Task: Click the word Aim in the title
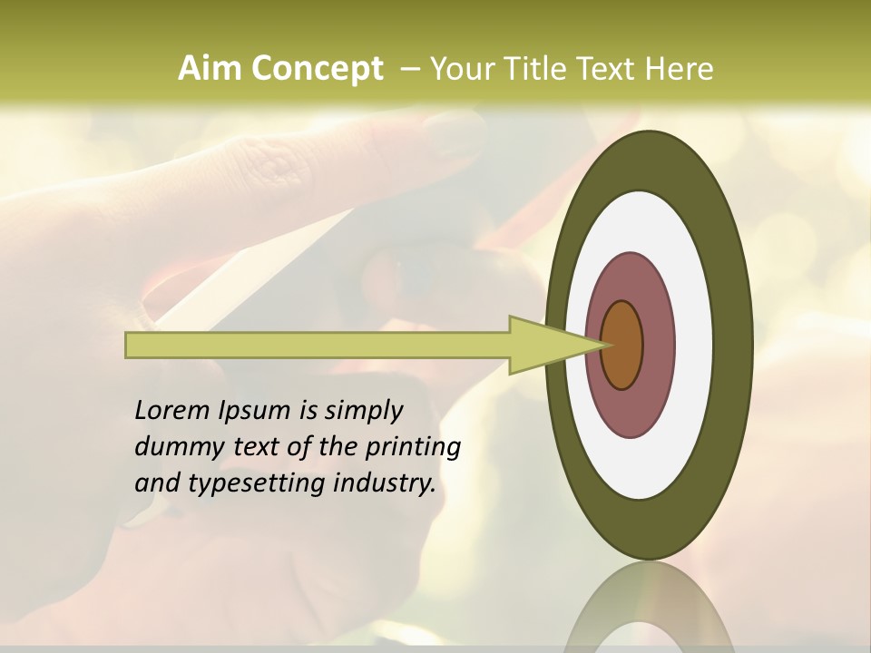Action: coord(210,69)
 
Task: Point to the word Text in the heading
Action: coord(613,69)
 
